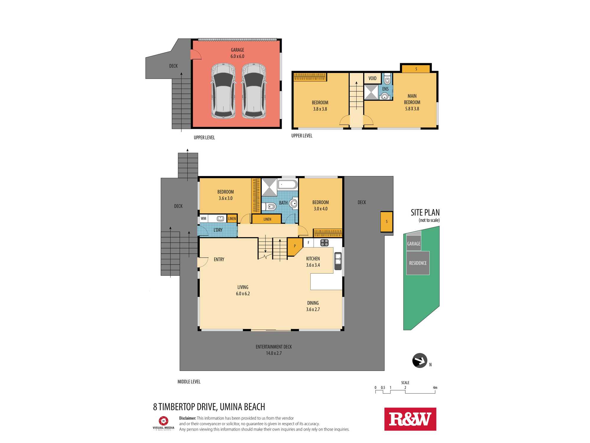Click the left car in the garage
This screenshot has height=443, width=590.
tap(223, 91)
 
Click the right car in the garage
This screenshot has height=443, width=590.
tap(254, 91)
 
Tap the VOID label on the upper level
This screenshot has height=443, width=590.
tap(372, 78)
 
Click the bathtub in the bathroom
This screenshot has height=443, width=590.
tap(288, 185)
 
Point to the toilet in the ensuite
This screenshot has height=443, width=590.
tap(387, 79)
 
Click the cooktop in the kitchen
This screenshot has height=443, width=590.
tap(324, 243)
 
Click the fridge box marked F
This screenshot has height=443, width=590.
tap(308, 243)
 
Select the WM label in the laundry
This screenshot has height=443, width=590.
tap(204, 219)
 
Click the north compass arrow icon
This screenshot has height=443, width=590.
tap(420, 361)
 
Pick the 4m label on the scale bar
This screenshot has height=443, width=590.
tap(435, 387)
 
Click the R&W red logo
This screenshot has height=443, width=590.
tap(410, 419)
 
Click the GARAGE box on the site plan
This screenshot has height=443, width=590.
tap(414, 243)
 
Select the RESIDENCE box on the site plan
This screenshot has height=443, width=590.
tap(418, 263)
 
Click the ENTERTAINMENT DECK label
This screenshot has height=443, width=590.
tap(274, 347)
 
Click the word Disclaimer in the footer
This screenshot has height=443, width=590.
tap(188, 418)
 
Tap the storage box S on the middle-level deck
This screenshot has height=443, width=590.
tap(387, 221)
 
